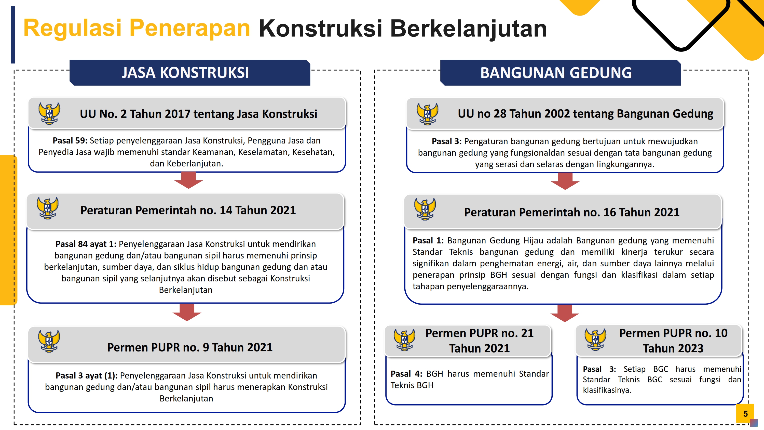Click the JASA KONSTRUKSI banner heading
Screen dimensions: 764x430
(185, 73)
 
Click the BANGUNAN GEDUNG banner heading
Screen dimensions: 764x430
(556, 73)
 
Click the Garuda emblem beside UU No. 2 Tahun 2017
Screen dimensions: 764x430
(49, 113)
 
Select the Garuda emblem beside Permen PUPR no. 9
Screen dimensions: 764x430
(49, 341)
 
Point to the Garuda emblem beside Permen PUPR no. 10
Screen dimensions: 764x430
(595, 340)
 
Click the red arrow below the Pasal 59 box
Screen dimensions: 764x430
(189, 180)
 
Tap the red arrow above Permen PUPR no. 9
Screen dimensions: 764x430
(187, 312)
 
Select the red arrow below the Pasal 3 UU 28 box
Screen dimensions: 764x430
(565, 181)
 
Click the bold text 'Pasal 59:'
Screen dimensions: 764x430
(70, 140)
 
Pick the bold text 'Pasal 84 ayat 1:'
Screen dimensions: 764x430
(86, 244)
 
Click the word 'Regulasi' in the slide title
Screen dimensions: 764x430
(72, 28)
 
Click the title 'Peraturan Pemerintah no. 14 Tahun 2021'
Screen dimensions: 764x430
(188, 210)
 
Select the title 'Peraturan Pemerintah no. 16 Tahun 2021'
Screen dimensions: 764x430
(572, 212)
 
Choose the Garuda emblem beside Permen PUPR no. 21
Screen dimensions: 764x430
(405, 340)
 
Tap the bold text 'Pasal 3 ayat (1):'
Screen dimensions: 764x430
(87, 376)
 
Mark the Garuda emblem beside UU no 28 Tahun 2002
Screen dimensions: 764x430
(427, 114)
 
